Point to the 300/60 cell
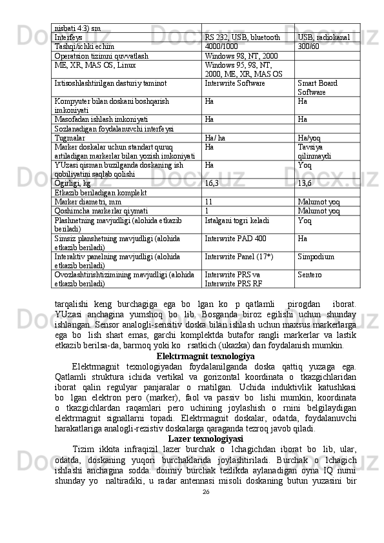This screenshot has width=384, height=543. [309, 46]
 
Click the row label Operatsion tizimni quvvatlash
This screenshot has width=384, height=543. [102, 56]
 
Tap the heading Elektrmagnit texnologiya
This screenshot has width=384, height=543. [205, 356]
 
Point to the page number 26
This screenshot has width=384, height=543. [206, 509]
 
